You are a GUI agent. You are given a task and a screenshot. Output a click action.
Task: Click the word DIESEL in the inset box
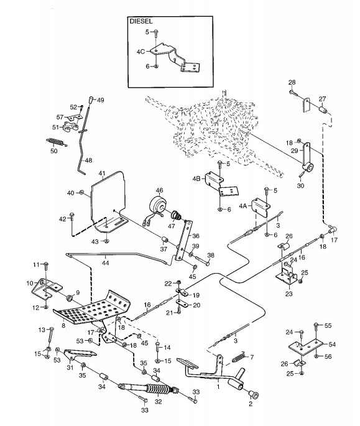(141, 21)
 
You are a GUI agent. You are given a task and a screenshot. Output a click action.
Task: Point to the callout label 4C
(141, 52)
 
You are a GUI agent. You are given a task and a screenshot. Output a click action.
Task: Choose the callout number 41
(102, 173)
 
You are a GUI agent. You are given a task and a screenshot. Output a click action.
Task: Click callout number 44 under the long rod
(106, 262)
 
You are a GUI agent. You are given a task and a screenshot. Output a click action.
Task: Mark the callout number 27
(322, 99)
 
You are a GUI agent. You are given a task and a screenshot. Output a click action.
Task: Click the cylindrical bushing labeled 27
(323, 110)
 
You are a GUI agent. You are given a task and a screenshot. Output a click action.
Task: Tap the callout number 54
(332, 345)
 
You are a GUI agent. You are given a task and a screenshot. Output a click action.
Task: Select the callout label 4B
(196, 178)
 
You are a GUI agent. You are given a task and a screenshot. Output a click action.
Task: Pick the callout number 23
(289, 294)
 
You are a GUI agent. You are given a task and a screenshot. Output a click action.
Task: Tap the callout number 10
(30, 284)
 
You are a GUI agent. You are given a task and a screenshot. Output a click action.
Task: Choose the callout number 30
(300, 185)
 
